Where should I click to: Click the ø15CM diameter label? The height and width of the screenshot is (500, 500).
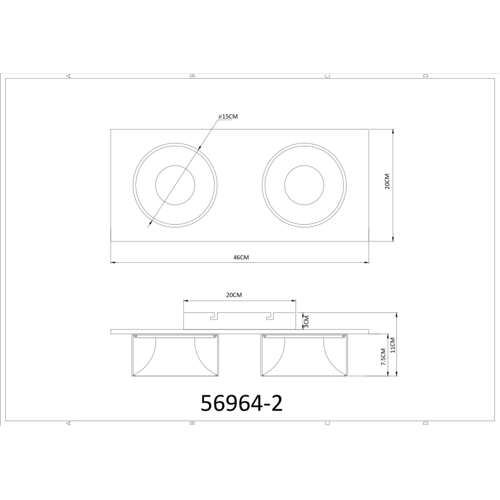(x=228, y=116)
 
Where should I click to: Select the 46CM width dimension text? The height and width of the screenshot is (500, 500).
(x=241, y=257)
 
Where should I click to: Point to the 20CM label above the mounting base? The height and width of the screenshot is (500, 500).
(x=233, y=295)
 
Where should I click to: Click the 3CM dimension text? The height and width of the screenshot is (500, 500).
(x=306, y=321)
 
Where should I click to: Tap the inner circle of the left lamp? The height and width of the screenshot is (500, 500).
(x=175, y=185)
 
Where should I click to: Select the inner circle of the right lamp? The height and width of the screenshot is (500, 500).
(x=304, y=185)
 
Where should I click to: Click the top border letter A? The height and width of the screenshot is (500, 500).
(x=69, y=75)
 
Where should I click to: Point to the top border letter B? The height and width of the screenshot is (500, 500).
(x=192, y=75)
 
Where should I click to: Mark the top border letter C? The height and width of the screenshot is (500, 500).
(x=327, y=75)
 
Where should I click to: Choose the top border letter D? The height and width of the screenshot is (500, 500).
(x=426, y=75)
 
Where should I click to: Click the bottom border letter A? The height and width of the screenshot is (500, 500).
(x=69, y=423)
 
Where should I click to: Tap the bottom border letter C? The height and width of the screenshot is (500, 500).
(x=327, y=423)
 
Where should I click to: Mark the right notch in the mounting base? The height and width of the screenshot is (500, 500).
(x=268, y=316)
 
